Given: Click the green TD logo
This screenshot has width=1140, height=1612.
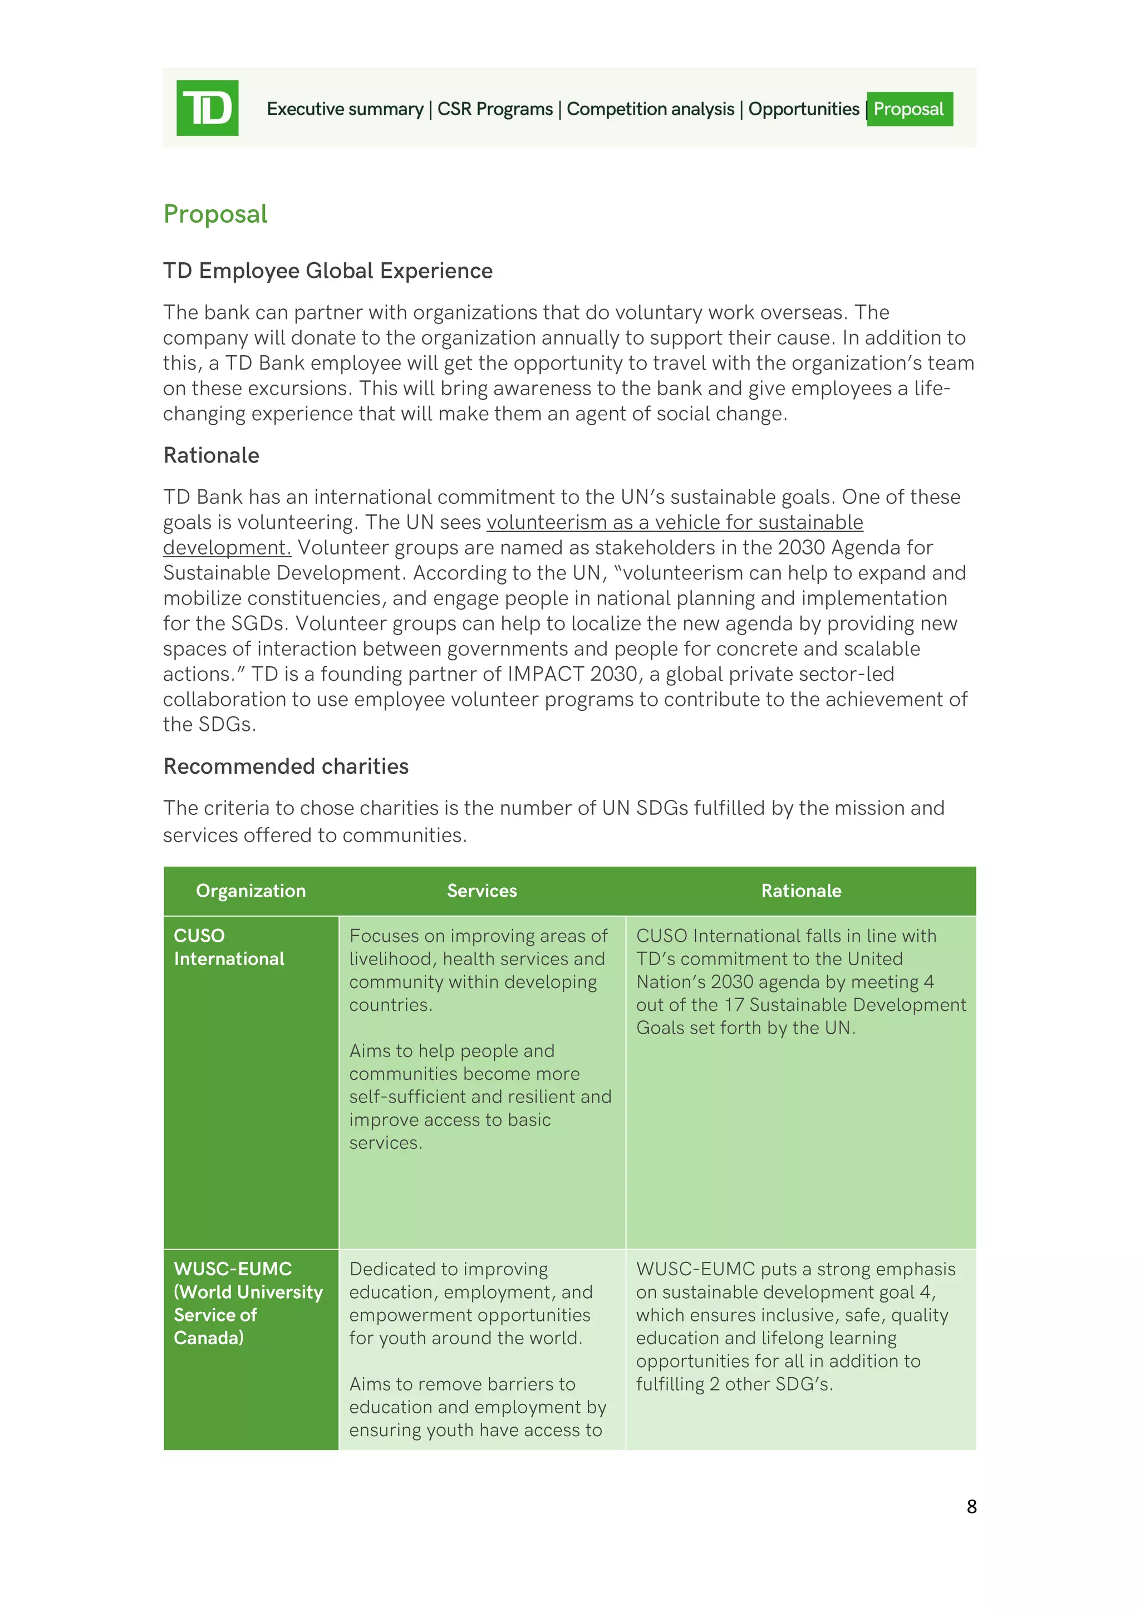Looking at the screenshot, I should pos(207,107).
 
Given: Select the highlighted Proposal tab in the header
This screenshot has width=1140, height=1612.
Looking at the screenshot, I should pos(909,109).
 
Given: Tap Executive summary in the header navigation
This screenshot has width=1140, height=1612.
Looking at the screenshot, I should pos(345,109).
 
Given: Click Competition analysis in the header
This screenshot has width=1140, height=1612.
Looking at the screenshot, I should pos(650,109).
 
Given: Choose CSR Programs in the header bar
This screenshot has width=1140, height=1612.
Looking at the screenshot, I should pos(495,109).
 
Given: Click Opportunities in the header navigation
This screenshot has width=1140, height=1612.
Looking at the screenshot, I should pos(803,109).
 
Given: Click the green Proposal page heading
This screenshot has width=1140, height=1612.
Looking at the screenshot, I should pos(215,213).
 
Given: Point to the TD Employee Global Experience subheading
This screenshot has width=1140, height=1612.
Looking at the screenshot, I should pos(328,271).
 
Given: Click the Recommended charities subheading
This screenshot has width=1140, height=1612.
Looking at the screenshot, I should pos(286,766).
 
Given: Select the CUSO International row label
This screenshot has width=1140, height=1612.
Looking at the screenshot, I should pos(229,947).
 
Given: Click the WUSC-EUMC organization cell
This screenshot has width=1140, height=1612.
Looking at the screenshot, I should pos(248,1303).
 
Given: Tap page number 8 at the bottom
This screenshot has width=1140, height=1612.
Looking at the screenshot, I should pos(971,1507).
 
